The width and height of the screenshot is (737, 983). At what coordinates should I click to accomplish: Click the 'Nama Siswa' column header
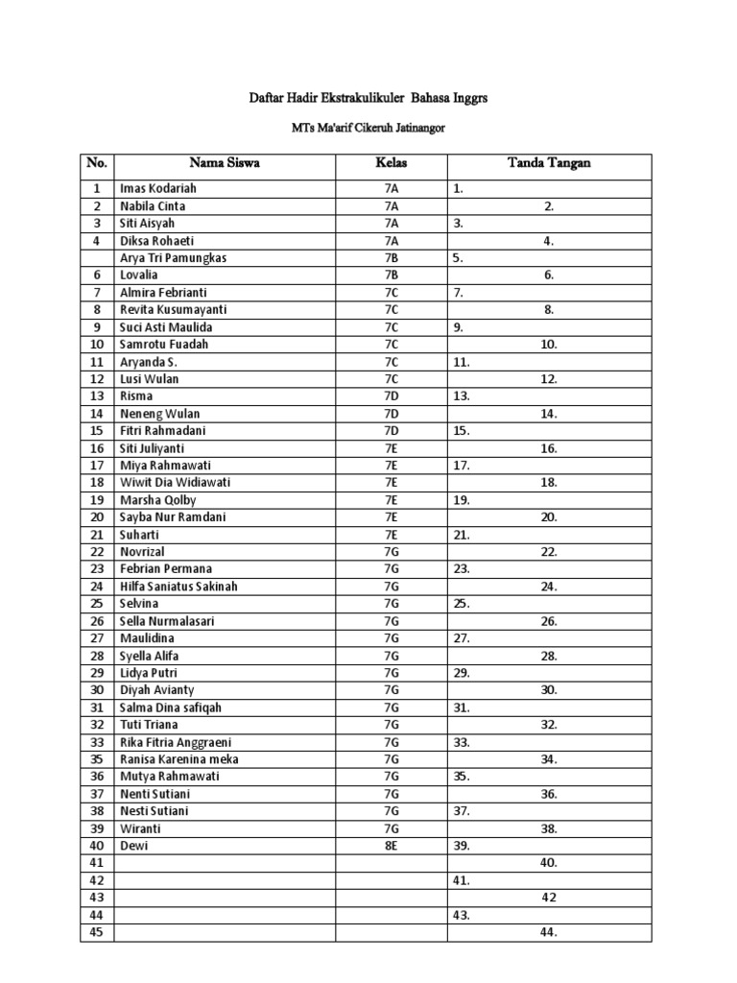[224, 163]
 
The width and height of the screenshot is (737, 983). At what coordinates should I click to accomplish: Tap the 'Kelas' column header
[391, 163]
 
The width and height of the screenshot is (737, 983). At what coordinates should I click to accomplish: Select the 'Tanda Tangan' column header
[548, 163]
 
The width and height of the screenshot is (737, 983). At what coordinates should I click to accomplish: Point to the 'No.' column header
[96, 163]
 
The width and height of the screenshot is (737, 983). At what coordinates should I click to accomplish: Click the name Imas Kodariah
[157, 189]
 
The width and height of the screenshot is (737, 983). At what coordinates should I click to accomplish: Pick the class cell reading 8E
[391, 846]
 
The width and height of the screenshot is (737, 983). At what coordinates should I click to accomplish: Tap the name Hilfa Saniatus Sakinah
[178, 587]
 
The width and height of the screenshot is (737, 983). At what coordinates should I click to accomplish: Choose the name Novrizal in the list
[141, 552]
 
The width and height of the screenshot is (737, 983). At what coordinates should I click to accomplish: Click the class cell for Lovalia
[391, 276]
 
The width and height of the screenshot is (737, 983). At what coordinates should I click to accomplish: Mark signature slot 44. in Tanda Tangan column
[548, 932]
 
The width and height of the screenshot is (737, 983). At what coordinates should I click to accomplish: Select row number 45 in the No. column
[96, 932]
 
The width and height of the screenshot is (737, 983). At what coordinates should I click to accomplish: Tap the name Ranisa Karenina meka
[178, 759]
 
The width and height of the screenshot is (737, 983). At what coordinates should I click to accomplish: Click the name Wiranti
[140, 828]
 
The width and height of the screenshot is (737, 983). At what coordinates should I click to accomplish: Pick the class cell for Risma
[391, 396]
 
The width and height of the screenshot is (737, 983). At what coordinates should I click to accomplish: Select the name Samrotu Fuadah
[163, 345]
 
